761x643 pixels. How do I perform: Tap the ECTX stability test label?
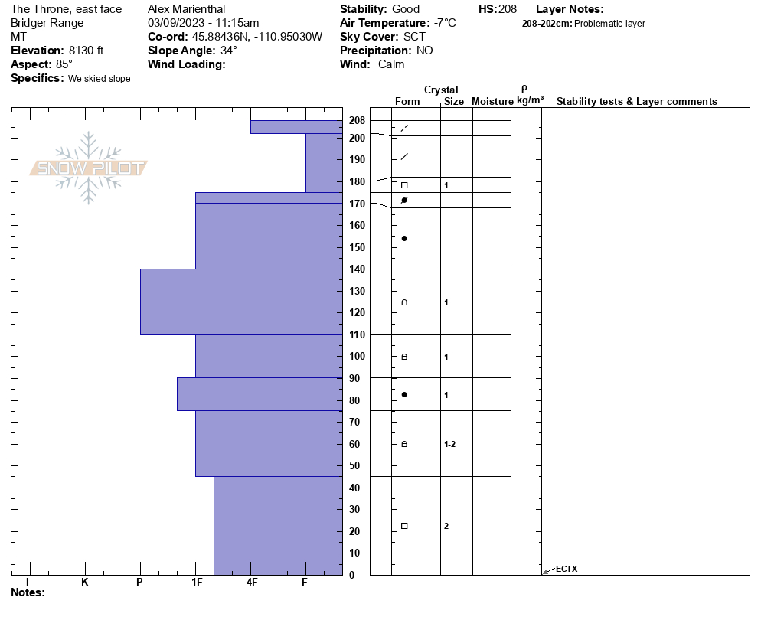pos(567,569)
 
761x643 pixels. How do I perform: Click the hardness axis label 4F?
pos(252,583)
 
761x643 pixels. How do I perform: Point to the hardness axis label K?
pos(85,583)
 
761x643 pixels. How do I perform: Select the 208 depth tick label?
pos(357,121)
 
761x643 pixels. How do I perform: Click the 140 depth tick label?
pos(357,269)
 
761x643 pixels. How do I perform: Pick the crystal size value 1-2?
pos(449,444)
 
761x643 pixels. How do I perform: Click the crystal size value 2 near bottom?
pos(446,526)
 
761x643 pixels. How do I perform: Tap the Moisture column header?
pos(492,102)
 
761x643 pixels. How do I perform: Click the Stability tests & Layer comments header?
pos(637,102)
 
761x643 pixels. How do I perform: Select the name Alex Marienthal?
pos(186,9)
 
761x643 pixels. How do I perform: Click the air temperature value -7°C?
pos(445,23)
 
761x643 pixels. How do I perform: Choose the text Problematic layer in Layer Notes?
pos(609,24)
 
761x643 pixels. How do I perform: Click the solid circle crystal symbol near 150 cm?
pos(404,239)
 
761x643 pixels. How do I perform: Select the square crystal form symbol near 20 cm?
pos(404,526)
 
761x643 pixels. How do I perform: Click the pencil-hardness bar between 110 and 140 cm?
pos(241,302)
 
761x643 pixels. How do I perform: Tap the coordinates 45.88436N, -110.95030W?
pos(256,37)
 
